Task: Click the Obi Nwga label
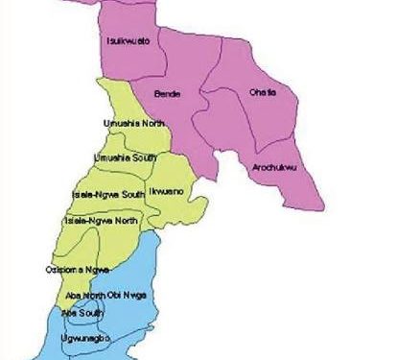(x=128, y=295)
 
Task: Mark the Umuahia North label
(x=134, y=124)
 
